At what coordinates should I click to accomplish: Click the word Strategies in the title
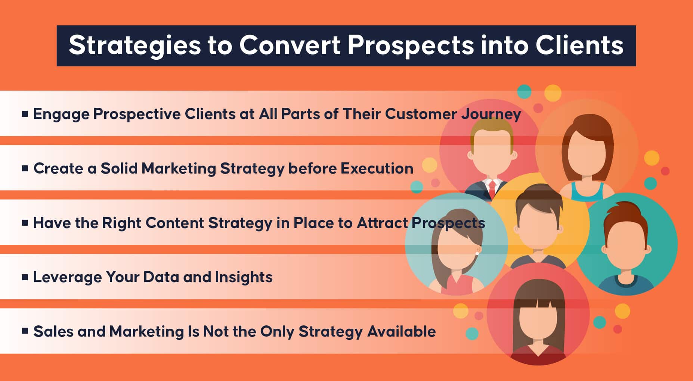tap(135, 46)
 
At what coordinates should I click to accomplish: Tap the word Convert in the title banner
tap(290, 45)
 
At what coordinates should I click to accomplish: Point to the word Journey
tap(491, 114)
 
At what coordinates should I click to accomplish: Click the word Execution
tap(377, 168)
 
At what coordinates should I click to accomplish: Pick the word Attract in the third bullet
tap(382, 223)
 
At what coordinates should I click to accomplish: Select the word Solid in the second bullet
tap(121, 168)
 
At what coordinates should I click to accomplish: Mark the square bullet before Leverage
tap(25, 277)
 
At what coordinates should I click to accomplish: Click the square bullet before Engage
tap(25, 114)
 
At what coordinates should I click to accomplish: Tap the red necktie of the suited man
tap(492, 188)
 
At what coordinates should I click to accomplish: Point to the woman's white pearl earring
tap(477, 254)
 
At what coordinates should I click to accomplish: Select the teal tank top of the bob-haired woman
tap(587, 191)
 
